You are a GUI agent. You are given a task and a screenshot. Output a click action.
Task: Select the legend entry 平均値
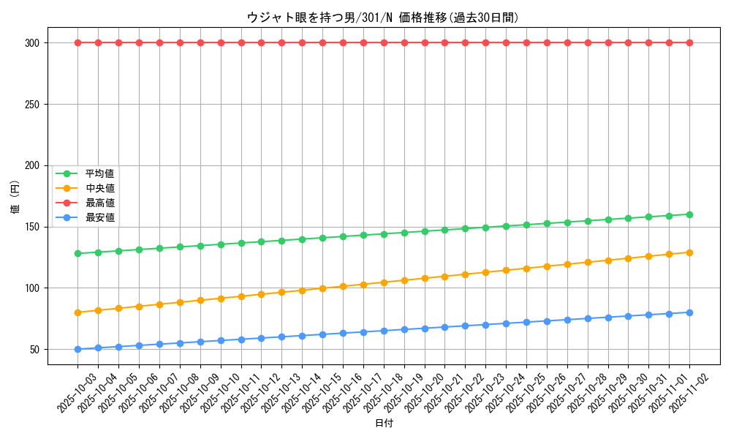pyautogui.click(x=99, y=173)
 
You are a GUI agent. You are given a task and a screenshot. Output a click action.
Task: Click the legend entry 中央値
pyautogui.click(x=99, y=188)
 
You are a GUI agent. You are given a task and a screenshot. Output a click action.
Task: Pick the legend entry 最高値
pyautogui.click(x=99, y=203)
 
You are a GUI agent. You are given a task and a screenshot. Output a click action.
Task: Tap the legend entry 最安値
pyautogui.click(x=99, y=217)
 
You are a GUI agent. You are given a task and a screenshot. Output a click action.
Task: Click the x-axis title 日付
pyautogui.click(x=383, y=424)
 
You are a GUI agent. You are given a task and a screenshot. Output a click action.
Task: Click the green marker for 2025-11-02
pyautogui.click(x=689, y=214)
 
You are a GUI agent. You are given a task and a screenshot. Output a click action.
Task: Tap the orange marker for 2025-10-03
pyautogui.click(x=77, y=312)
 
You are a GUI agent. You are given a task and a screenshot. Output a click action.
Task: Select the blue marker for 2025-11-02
pyautogui.click(x=689, y=312)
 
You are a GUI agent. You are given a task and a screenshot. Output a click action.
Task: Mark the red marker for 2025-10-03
pyautogui.click(x=77, y=42)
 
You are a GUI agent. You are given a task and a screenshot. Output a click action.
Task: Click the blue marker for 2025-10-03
pyautogui.click(x=77, y=349)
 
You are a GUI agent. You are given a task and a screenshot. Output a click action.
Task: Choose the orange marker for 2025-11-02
pyautogui.click(x=689, y=252)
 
